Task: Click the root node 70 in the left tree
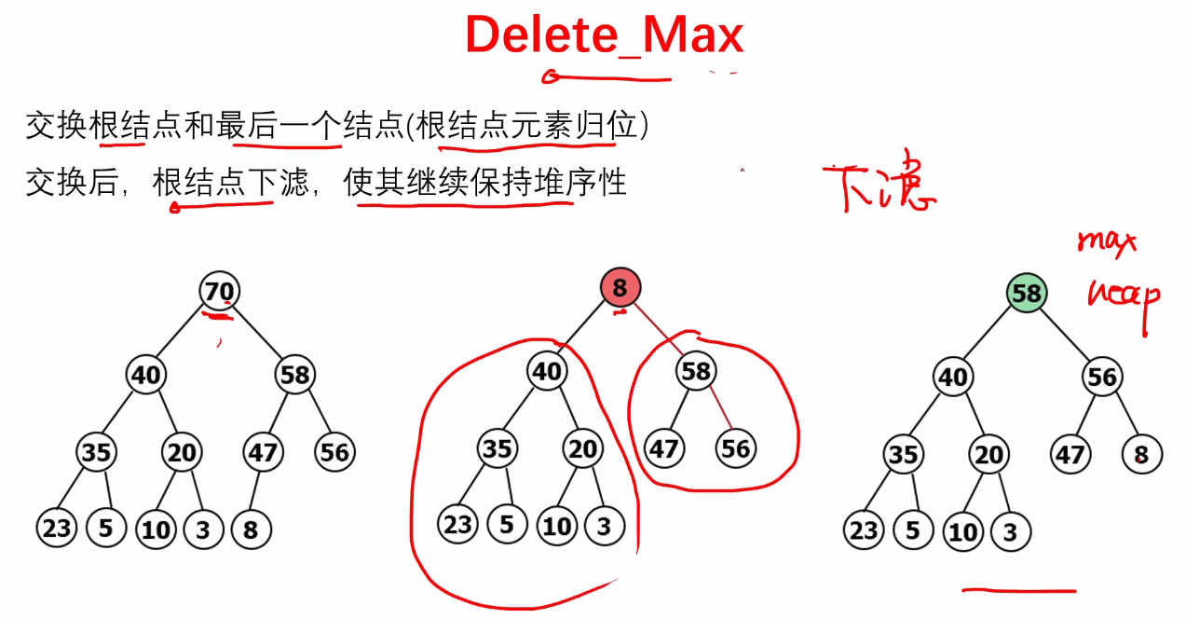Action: pyautogui.click(x=220, y=292)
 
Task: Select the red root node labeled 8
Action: pyautogui.click(x=620, y=288)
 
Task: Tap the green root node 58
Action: pyautogui.click(x=1026, y=294)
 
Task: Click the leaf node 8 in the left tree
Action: pyautogui.click(x=250, y=530)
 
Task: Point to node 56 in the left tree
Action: pyautogui.click(x=334, y=453)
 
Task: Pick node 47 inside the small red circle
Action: pyautogui.click(x=663, y=449)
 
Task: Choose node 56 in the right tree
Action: pyautogui.click(x=1102, y=377)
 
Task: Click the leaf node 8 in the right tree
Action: pyautogui.click(x=1141, y=455)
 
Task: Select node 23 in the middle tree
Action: pyautogui.click(x=457, y=525)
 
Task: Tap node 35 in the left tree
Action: pyautogui.click(x=96, y=453)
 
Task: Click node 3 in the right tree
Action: pyautogui.click(x=1010, y=531)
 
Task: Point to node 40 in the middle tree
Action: pyautogui.click(x=546, y=371)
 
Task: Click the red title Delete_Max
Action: pyautogui.click(x=604, y=35)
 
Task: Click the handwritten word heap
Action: pyautogui.click(x=1123, y=296)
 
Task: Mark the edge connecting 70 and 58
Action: pyautogui.click(x=258, y=334)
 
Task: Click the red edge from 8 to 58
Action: pyautogui.click(x=659, y=330)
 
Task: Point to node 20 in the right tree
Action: pyautogui.click(x=989, y=455)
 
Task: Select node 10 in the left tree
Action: pyautogui.click(x=156, y=530)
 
